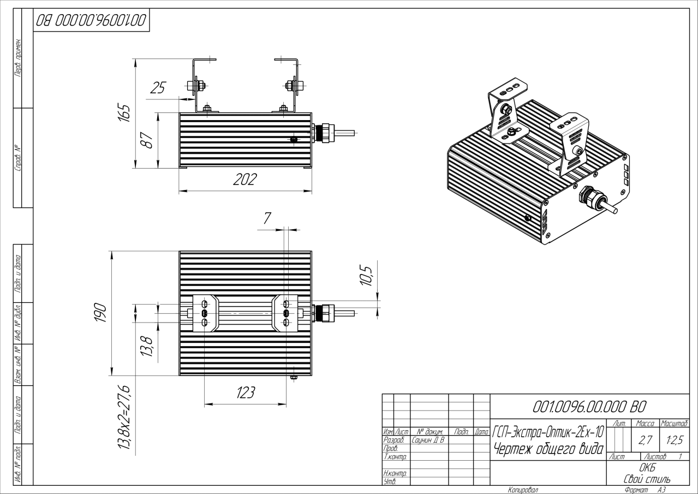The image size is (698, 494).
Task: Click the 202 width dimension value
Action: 244,181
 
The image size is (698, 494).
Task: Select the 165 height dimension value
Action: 125,114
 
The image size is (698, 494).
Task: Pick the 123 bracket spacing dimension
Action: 244,394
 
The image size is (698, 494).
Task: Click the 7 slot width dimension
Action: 267,219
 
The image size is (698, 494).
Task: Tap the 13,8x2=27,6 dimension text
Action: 124,417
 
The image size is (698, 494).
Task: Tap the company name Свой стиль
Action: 647,479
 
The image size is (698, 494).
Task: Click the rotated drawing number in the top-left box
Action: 91,21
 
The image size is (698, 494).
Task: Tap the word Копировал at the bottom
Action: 522,490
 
